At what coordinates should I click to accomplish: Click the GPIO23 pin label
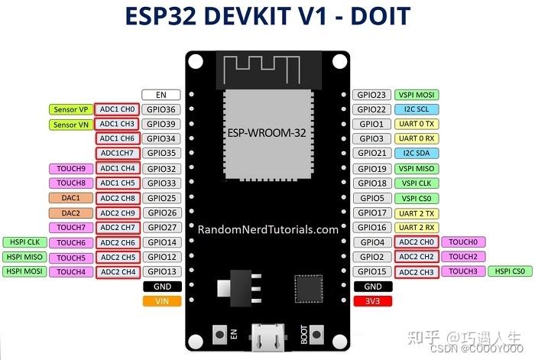(x=372, y=95)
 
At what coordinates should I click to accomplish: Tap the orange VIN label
(x=161, y=301)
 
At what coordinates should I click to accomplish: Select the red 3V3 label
(x=372, y=301)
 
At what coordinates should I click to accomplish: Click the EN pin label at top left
(x=161, y=95)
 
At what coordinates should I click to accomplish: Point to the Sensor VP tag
(x=71, y=109)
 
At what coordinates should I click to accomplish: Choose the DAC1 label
(x=71, y=197)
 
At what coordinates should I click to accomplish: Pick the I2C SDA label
(x=417, y=154)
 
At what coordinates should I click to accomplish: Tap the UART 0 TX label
(x=417, y=124)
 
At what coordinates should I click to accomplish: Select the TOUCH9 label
(x=71, y=168)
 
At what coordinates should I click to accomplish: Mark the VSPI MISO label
(x=417, y=168)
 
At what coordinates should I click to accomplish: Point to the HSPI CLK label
(x=23, y=242)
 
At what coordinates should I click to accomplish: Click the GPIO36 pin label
(x=161, y=109)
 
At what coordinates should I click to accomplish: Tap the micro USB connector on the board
(x=267, y=336)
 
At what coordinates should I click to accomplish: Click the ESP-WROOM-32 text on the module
(x=267, y=132)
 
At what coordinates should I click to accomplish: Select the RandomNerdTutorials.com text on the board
(x=267, y=229)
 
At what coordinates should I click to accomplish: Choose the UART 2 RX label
(x=417, y=227)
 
